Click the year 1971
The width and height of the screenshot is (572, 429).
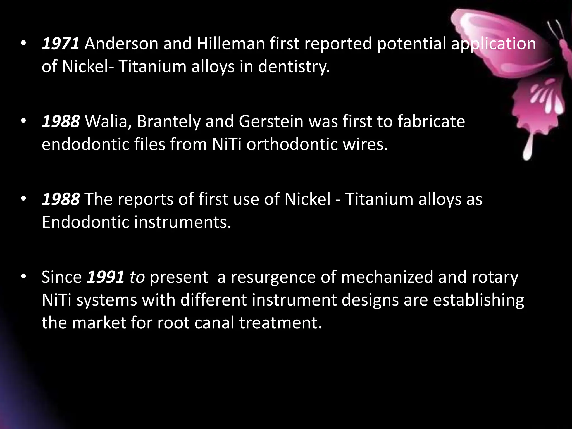pos(61,44)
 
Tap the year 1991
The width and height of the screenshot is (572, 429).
pos(106,277)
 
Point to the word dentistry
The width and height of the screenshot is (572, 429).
pos(294,67)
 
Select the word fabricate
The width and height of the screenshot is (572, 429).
pos(431,122)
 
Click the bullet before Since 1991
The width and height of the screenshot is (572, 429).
pos(23,277)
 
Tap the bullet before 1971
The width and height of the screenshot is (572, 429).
pos(23,44)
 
